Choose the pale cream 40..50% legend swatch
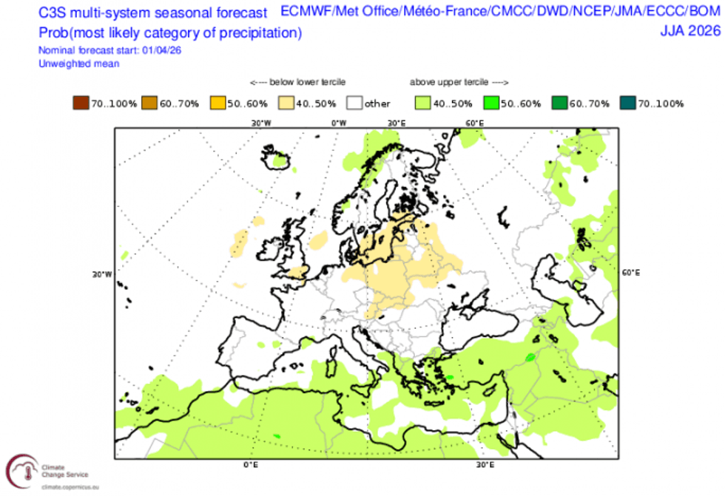pyautogui.click(x=286, y=103)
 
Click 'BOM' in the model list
pyautogui.click(x=702, y=12)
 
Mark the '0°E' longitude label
pyautogui.click(x=250, y=465)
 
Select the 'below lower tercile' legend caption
pyautogui.click(x=297, y=82)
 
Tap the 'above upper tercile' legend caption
pyautogui.click(x=458, y=82)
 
